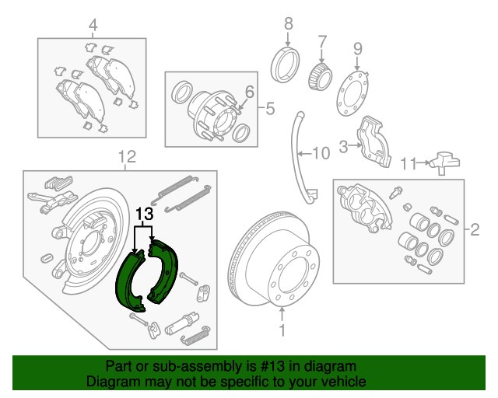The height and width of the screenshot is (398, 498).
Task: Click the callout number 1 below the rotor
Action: [282, 330]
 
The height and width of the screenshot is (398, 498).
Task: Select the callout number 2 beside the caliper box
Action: [474, 229]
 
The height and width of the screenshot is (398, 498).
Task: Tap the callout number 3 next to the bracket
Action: [343, 144]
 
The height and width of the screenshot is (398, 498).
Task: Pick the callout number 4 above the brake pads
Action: [93, 26]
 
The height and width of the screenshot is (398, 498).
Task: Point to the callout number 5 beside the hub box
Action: [270, 109]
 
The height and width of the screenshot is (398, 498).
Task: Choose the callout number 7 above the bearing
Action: [322, 40]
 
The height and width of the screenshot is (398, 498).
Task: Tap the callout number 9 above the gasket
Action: [357, 48]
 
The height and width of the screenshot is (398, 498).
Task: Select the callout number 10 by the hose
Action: [321, 153]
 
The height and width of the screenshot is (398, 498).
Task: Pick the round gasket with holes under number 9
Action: [356, 94]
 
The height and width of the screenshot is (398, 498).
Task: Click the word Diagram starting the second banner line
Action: [108, 382]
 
